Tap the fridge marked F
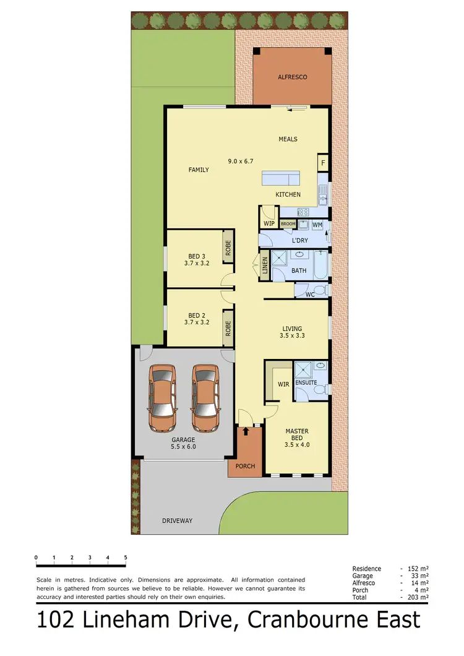coord(322,163)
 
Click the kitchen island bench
coord(280,179)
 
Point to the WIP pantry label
coord(269,223)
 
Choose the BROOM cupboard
coord(288,224)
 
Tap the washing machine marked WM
coord(317,224)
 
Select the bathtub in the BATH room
coord(321,264)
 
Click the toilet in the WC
coord(319,290)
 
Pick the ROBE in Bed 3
coord(228,248)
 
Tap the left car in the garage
coord(163,397)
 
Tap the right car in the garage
coord(205,397)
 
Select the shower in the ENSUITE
coord(304,370)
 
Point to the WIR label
coord(283,384)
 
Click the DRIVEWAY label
coord(177,521)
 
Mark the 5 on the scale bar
coord(126,558)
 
